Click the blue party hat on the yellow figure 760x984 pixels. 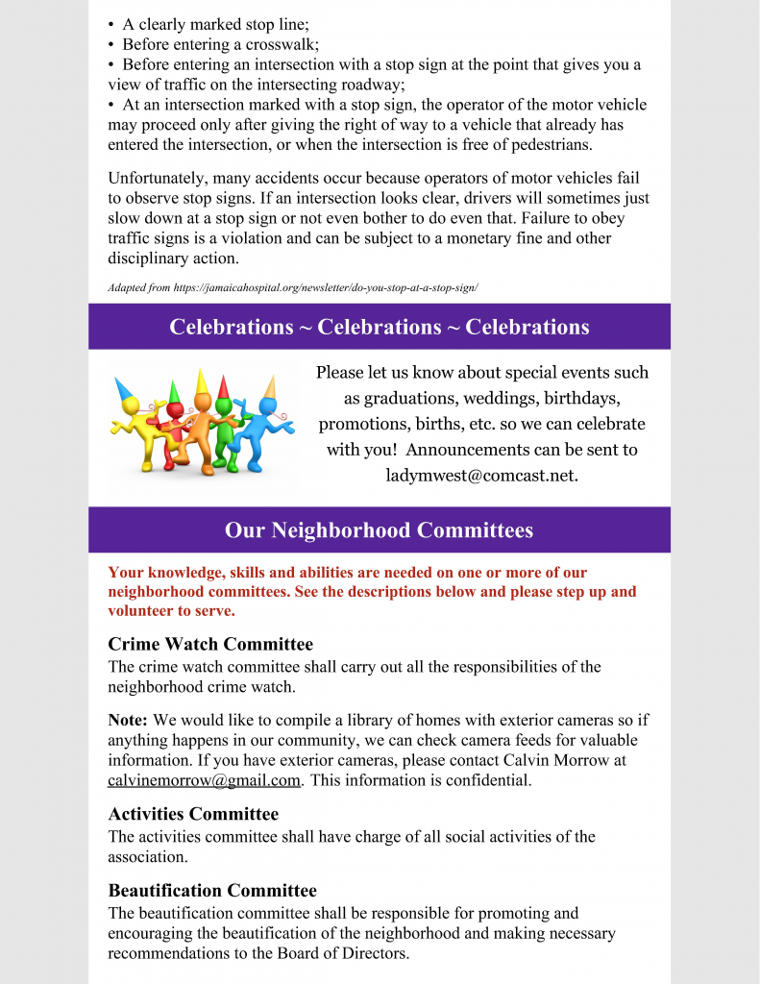coord(125,391)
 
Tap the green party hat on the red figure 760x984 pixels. coord(175,392)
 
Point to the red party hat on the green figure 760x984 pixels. coord(224,387)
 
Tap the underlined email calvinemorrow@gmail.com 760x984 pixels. coord(205,780)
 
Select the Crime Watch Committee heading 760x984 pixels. coord(210,644)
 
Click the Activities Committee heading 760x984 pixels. coord(193,815)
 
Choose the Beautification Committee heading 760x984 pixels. coord(212,890)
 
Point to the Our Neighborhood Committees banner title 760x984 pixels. coord(379,530)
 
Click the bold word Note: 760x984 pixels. coord(128,719)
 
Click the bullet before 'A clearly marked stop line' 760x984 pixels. coord(111,24)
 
